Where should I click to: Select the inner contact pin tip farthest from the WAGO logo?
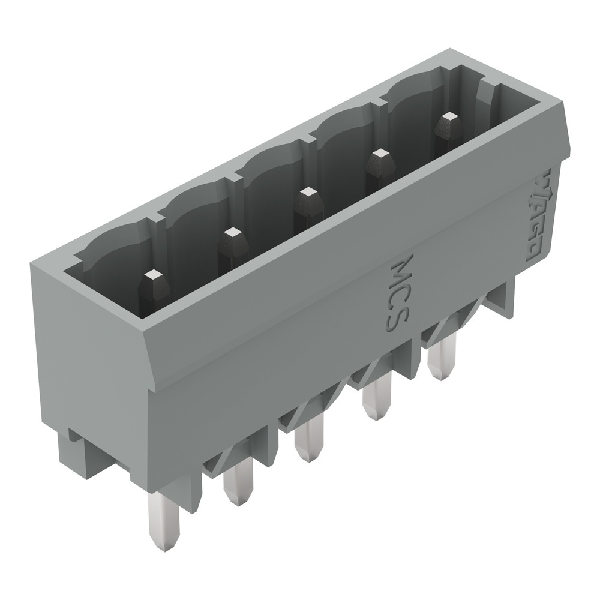154,276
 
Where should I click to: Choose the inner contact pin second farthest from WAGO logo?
231,233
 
